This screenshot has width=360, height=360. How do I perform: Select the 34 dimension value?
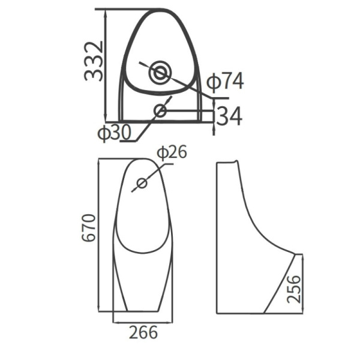tap(229, 116)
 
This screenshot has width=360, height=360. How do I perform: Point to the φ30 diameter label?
tap(114, 133)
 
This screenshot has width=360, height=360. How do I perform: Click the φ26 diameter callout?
tap(172, 152)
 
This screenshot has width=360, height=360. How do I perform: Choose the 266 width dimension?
tap(143, 332)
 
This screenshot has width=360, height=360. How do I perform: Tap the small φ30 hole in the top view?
tap(160, 110)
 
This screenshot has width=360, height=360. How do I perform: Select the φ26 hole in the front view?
tap(142, 184)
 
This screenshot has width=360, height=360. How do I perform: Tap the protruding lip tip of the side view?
tap(295, 253)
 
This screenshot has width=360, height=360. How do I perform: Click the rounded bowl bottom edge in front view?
tap(143, 250)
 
